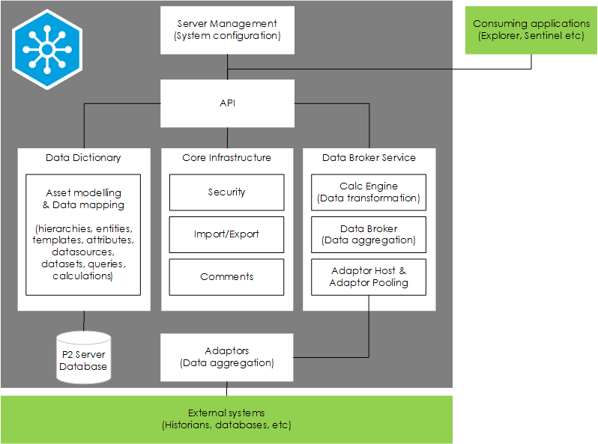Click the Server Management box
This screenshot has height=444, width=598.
(x=227, y=30)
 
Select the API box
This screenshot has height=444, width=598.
(x=227, y=103)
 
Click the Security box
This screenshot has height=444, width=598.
(x=226, y=192)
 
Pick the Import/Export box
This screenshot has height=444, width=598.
(x=226, y=234)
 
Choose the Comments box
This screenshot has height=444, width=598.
(x=226, y=277)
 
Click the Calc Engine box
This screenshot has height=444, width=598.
(x=369, y=192)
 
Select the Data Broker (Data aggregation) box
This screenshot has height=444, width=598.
(x=369, y=234)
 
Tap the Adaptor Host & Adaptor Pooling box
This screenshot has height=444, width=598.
(x=369, y=277)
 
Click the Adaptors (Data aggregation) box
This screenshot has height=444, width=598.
(x=227, y=357)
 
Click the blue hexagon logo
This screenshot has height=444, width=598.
(x=47, y=49)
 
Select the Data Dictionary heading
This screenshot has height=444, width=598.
(x=83, y=158)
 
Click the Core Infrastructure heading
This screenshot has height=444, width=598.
(x=226, y=158)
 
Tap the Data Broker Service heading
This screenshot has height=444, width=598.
(x=369, y=158)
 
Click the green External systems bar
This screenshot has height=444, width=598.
(x=226, y=419)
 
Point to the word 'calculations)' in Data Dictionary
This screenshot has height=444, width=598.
(x=83, y=276)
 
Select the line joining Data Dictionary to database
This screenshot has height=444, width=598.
(x=83, y=320)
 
